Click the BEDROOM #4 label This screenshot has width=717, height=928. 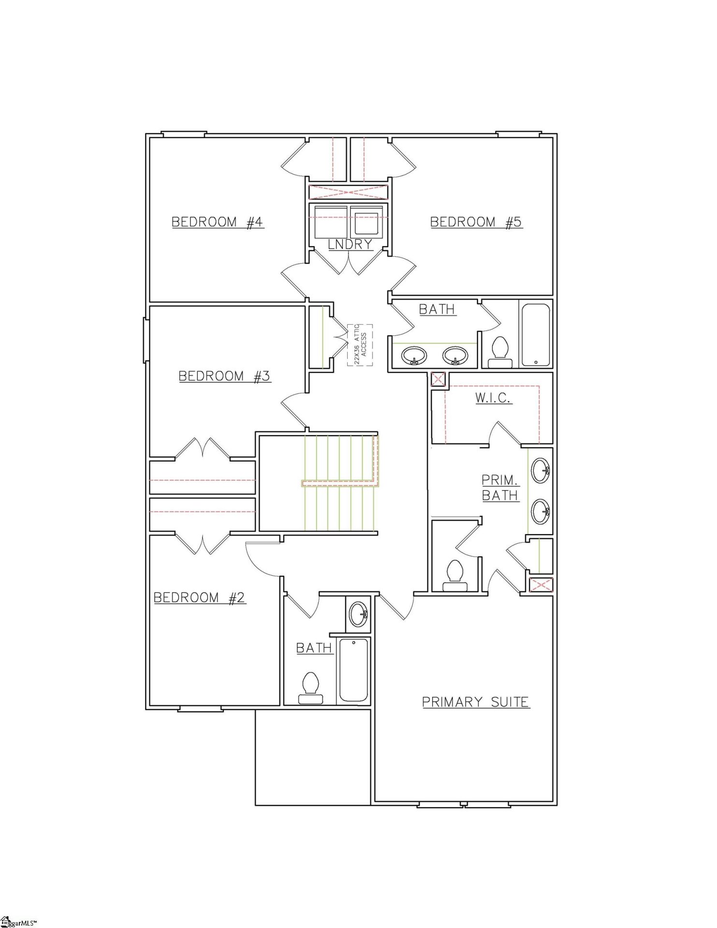pyautogui.click(x=218, y=222)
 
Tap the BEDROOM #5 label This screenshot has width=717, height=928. pyautogui.click(x=476, y=222)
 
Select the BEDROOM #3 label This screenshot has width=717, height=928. pyautogui.click(x=224, y=376)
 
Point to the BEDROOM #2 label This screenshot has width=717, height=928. pyautogui.click(x=199, y=598)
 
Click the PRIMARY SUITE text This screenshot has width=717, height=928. pyautogui.click(x=476, y=702)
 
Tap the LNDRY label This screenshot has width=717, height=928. pyautogui.click(x=350, y=245)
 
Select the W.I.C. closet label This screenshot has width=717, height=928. pyautogui.click(x=493, y=398)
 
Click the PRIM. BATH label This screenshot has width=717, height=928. pyautogui.click(x=500, y=488)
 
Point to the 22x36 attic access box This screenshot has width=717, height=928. pyautogui.click(x=360, y=345)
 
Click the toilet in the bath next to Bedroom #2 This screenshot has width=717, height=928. pyautogui.click(x=310, y=688)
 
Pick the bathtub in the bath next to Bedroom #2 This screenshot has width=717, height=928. pyautogui.click(x=354, y=670)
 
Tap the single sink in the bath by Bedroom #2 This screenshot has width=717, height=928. pyautogui.click(x=358, y=614)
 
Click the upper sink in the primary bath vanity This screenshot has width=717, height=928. pyautogui.click(x=540, y=470)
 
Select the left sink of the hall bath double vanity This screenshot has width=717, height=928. pyautogui.click(x=414, y=356)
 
